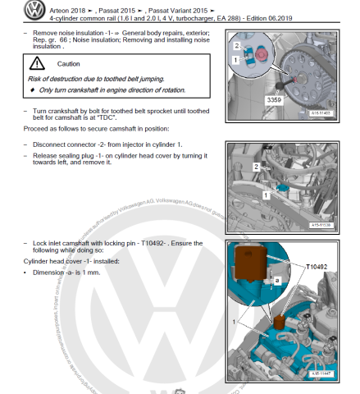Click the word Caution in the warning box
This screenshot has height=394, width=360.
pyautogui.click(x=70, y=63)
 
